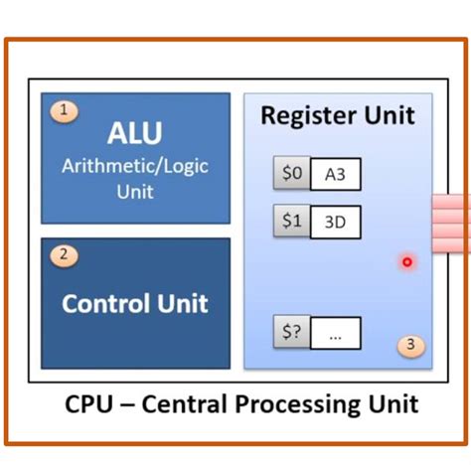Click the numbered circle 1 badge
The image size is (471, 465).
pyautogui.click(x=64, y=112)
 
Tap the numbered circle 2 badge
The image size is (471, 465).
pyautogui.click(x=64, y=255)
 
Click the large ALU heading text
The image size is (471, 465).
pyautogui.click(x=134, y=134)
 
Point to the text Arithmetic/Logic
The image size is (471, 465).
pyautogui.click(x=134, y=165)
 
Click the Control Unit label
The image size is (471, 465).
pyautogui.click(x=134, y=302)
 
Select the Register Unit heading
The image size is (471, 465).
pyautogui.click(x=338, y=114)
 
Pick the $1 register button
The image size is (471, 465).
pyautogui.click(x=291, y=222)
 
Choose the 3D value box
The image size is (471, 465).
pyautogui.click(x=335, y=223)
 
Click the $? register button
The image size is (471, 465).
pyautogui.click(x=291, y=333)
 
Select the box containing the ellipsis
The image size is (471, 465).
pyautogui.click(x=335, y=335)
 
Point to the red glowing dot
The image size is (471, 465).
pyautogui.click(x=406, y=262)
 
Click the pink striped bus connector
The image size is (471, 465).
pyautogui.click(x=450, y=223)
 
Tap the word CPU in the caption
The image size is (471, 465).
pyautogui.click(x=93, y=404)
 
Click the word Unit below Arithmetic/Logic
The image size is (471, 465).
pyautogui.click(x=134, y=191)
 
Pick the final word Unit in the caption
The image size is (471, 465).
pyautogui.click(x=395, y=404)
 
